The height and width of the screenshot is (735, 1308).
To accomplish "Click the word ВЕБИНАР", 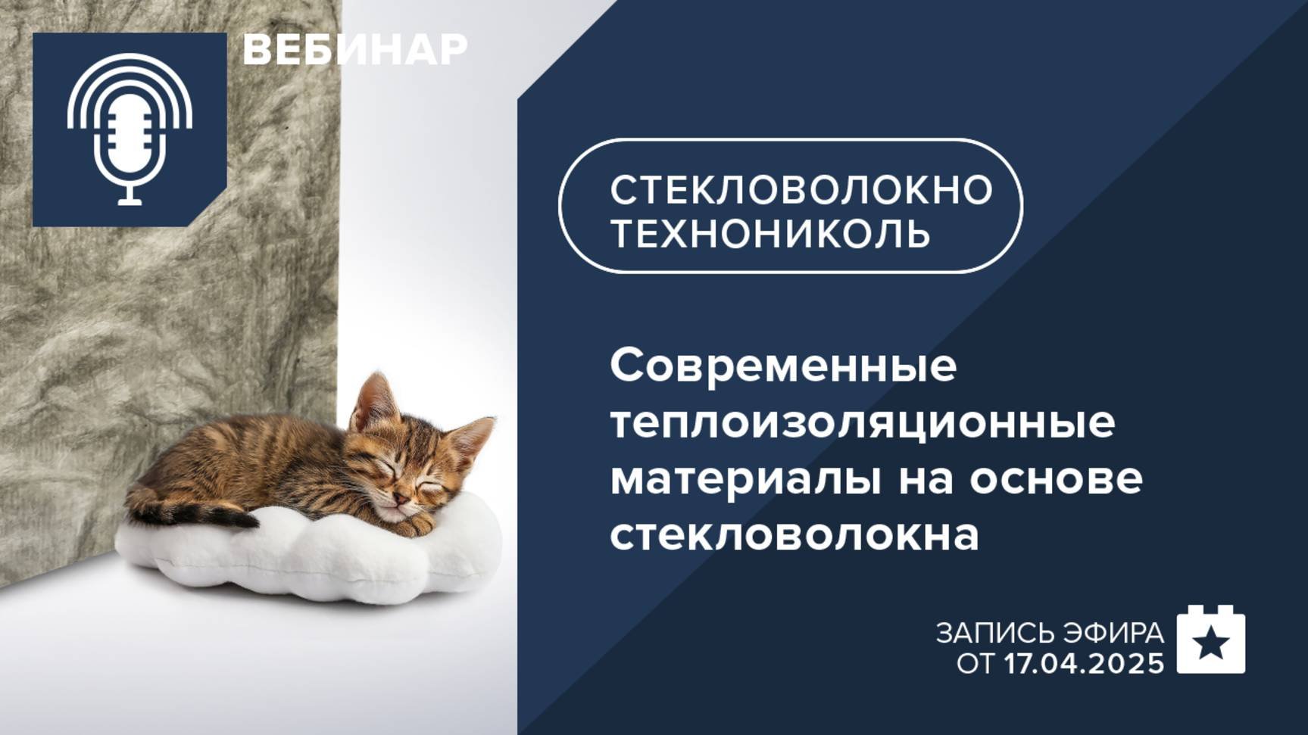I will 354,50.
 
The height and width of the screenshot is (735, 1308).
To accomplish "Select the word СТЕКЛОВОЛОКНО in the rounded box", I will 801,189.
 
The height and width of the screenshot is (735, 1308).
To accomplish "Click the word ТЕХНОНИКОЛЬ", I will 770,232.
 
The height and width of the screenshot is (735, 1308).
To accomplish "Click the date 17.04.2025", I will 1084,664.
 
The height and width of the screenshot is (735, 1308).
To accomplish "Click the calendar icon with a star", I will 1210,640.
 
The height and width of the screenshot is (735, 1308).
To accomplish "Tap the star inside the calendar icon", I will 1210,645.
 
